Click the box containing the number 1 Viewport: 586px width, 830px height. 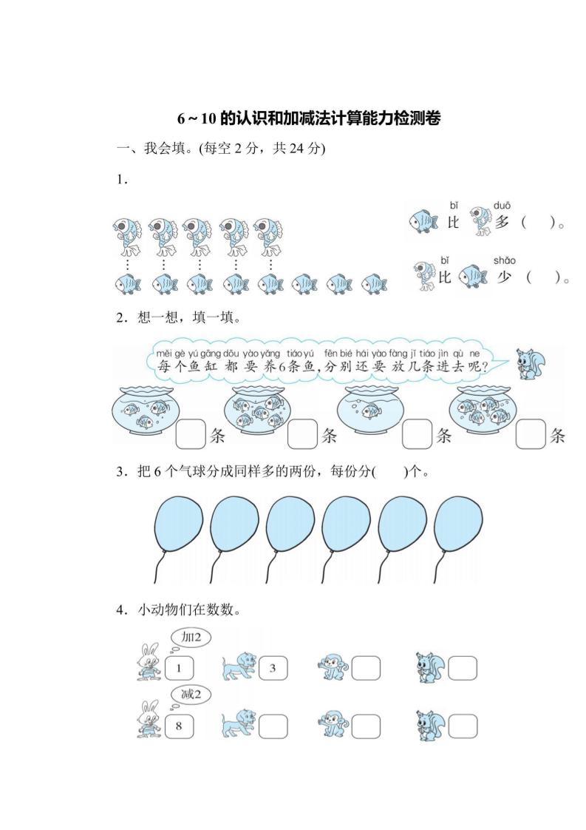[x=178, y=669]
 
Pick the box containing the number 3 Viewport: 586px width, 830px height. [x=272, y=669]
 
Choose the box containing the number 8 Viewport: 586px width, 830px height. [x=178, y=726]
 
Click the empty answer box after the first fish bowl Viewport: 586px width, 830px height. [x=191, y=434]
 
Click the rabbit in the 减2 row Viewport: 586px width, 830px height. [x=149, y=720]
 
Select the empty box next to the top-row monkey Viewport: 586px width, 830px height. [x=366, y=669]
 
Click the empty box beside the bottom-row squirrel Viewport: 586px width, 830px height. [x=463, y=725]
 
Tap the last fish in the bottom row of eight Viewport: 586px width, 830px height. [x=374, y=283]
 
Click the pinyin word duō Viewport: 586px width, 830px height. [x=502, y=205]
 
